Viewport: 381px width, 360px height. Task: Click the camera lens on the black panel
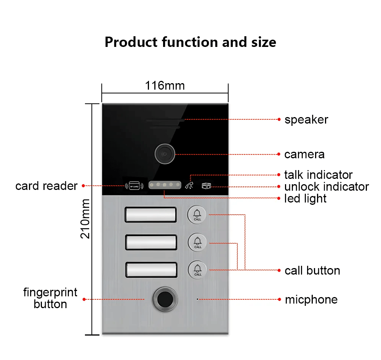(164, 154)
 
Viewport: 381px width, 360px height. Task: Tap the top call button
(197, 215)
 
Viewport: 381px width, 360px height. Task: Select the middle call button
(197, 242)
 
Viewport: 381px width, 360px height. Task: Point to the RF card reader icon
(134, 186)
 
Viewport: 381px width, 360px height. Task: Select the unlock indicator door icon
(206, 186)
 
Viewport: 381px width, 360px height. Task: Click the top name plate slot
(150, 215)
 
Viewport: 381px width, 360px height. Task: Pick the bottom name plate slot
(150, 270)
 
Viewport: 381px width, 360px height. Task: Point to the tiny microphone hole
(197, 299)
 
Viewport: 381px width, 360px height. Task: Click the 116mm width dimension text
(165, 86)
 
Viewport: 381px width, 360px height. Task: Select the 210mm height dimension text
(85, 219)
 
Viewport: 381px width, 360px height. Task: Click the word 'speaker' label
(306, 120)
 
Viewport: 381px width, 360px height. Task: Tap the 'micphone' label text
(311, 300)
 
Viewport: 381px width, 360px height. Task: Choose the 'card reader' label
(46, 186)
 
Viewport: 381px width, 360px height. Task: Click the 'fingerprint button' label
(50, 298)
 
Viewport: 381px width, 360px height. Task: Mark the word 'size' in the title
(263, 42)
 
